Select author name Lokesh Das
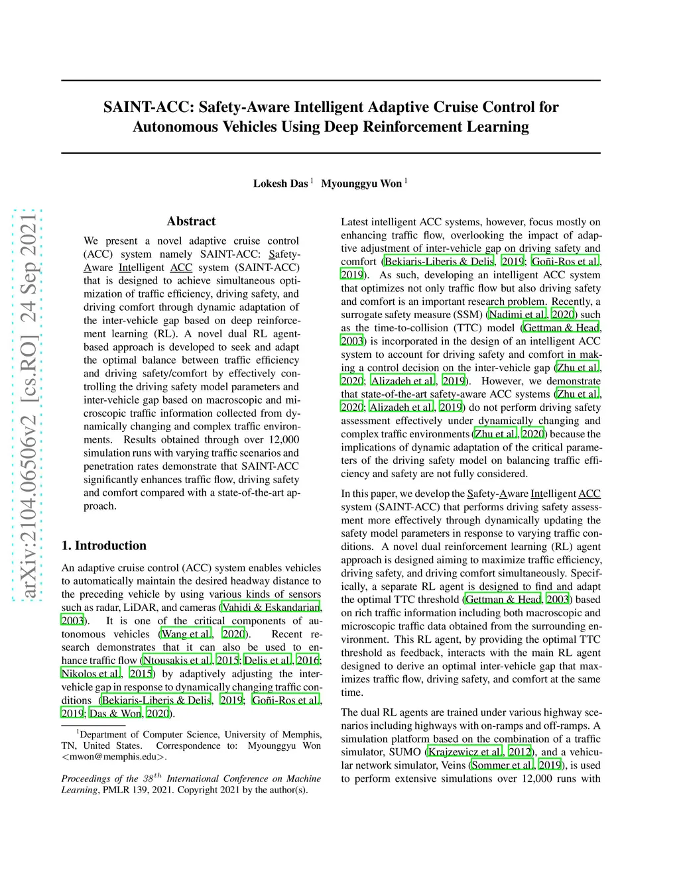[280, 184]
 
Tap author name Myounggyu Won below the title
[361, 184]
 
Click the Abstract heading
[191, 221]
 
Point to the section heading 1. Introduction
[104, 545]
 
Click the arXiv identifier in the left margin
[29, 406]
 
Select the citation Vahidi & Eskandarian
[271, 608]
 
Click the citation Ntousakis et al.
[177, 661]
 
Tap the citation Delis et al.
[268, 661]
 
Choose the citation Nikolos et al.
[91, 674]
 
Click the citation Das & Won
[115, 714]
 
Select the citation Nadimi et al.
[517, 315]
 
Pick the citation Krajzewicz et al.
[465, 752]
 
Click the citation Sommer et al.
[502, 765]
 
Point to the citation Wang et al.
[186, 634]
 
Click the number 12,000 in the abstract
[284, 440]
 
